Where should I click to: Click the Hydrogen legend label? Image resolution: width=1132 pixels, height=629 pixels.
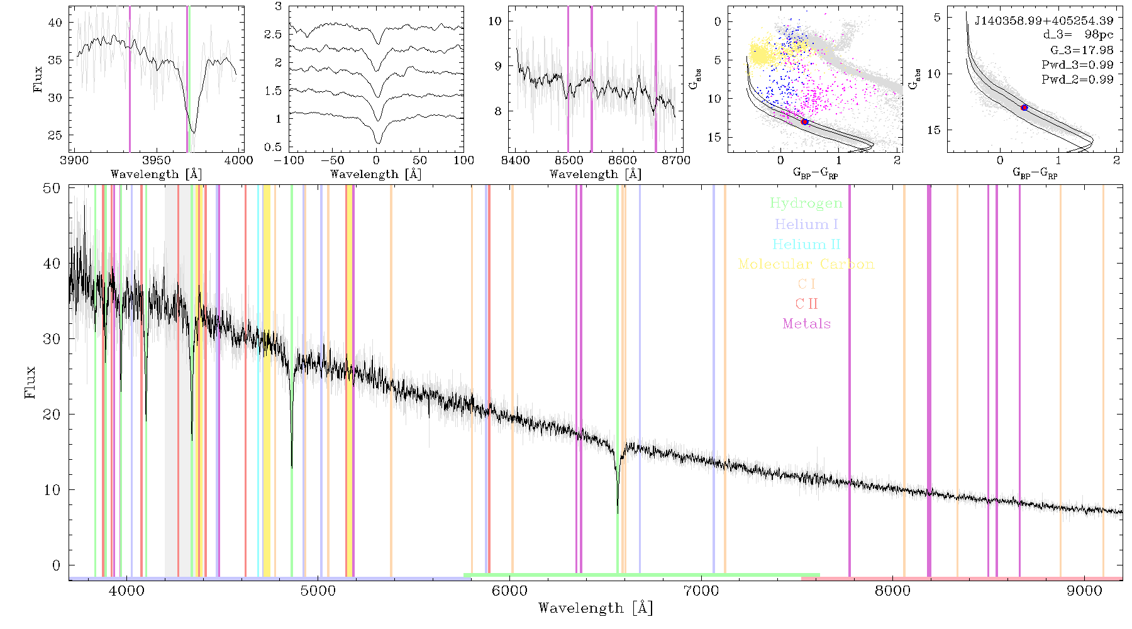[x=806, y=203]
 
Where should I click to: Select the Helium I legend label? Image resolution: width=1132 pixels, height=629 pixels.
[x=806, y=224]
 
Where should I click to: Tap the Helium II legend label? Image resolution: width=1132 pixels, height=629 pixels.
[x=806, y=244]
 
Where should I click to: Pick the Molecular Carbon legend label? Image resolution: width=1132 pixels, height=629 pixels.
[x=806, y=264]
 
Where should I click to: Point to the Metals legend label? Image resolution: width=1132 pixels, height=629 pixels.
[x=807, y=324]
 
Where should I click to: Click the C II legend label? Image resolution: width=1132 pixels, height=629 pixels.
[x=806, y=304]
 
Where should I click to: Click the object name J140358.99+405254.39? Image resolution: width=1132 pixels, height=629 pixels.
[x=1044, y=21]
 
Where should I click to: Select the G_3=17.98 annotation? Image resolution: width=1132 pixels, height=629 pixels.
[x=1082, y=50]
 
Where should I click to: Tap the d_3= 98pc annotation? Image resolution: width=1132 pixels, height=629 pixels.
[x=1078, y=35]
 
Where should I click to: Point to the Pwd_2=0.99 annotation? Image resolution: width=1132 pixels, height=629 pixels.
[x=1077, y=80]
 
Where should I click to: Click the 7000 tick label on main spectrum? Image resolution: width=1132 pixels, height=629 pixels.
[x=701, y=591]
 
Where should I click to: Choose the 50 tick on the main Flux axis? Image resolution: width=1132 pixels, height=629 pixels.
[x=52, y=188]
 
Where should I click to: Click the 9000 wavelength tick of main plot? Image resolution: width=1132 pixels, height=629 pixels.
[x=1084, y=591]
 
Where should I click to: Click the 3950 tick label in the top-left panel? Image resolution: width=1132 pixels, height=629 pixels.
[x=157, y=160]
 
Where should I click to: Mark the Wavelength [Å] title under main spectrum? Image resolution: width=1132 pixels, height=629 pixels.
[x=596, y=608]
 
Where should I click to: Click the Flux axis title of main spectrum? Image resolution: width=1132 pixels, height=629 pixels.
[x=30, y=382]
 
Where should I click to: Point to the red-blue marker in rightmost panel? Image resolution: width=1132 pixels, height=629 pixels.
[x=1024, y=108]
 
